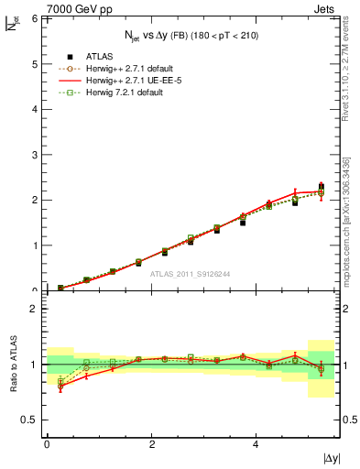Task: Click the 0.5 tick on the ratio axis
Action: [30, 420]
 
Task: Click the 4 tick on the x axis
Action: [256, 444]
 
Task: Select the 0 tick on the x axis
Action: [47, 444]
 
